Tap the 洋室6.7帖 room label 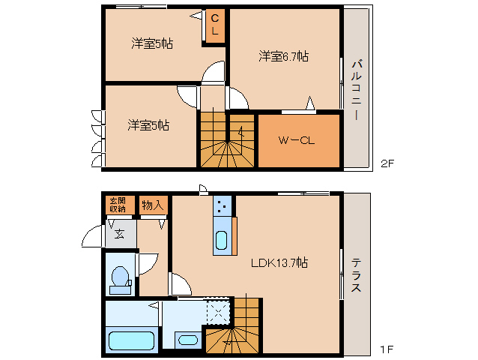pos(284,56)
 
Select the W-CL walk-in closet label pos(296,140)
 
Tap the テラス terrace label pos(357,274)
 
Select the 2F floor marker pos(387,163)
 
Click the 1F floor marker pos(387,349)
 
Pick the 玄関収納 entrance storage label pos(118,204)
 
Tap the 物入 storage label pos(152,204)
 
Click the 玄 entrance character pos(120,233)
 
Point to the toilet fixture pos(119,277)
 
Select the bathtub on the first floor pos(131,339)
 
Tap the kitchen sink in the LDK pos(222,240)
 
